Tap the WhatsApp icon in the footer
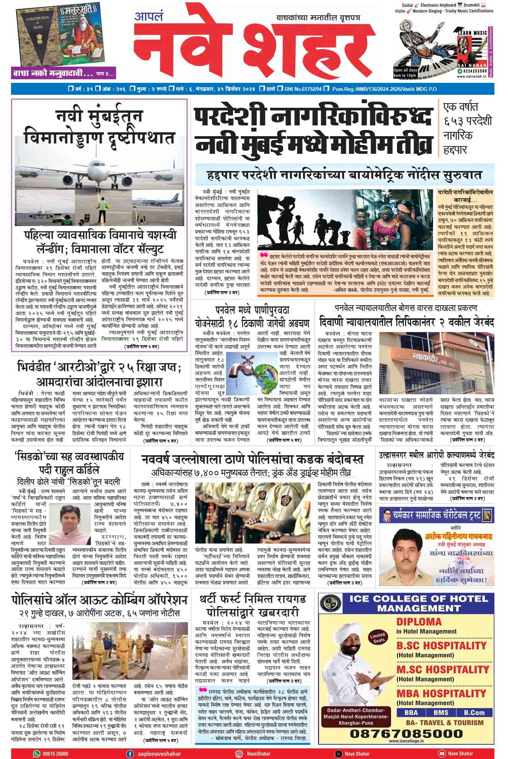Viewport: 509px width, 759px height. (x=36, y=753)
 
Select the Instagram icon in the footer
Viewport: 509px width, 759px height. (x=239, y=753)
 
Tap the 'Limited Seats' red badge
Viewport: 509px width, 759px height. (x=377, y=638)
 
